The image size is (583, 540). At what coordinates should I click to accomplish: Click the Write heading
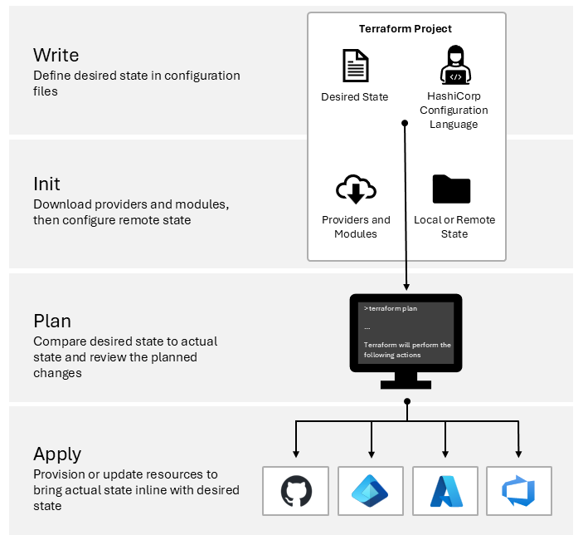(x=56, y=55)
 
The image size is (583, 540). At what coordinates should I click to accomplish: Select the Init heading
(x=46, y=184)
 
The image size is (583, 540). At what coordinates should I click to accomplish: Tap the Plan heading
(x=52, y=321)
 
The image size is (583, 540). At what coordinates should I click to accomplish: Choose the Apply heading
(x=57, y=454)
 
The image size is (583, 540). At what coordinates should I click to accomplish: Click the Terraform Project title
(x=406, y=28)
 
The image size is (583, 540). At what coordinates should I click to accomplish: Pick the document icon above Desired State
(x=355, y=66)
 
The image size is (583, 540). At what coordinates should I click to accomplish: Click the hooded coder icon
(x=454, y=66)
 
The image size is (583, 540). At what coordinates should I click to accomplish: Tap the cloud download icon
(x=355, y=190)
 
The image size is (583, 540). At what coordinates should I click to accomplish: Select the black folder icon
(x=452, y=189)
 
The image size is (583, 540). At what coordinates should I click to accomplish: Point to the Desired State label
(x=355, y=97)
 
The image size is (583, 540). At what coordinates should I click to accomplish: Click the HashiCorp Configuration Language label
(x=454, y=110)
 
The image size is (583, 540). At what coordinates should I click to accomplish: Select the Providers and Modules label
(x=356, y=227)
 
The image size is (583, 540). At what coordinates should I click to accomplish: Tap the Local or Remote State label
(x=454, y=227)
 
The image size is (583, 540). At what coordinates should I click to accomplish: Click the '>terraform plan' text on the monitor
(x=391, y=308)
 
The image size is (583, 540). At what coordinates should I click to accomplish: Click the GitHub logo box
(x=296, y=491)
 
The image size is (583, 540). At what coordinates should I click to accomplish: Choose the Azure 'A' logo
(x=445, y=491)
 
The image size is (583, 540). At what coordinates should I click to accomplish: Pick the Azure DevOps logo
(x=518, y=491)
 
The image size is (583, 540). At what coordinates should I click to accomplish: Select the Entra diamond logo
(x=370, y=491)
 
